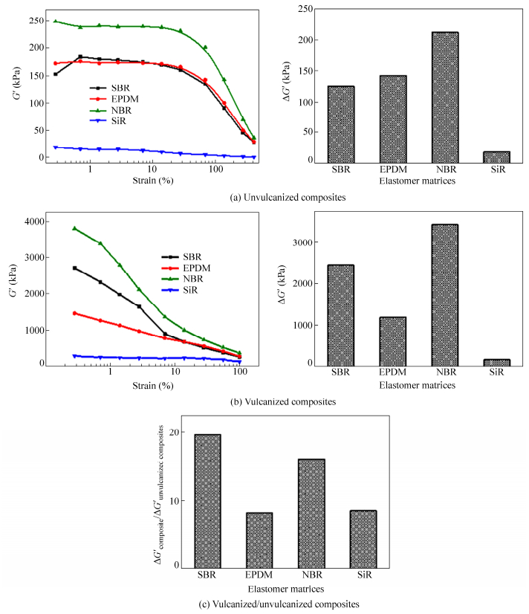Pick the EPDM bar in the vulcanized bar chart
point(392,340)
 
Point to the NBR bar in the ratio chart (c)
point(311,513)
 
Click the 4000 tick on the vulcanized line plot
point(38,222)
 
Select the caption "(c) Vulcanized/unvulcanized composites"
point(264,604)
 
